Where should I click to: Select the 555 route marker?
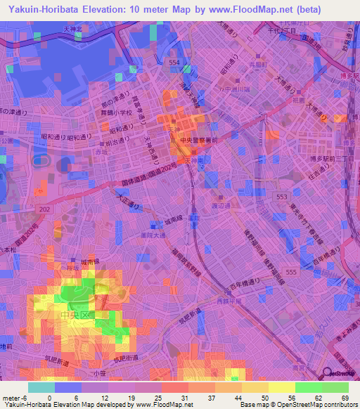290,271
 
